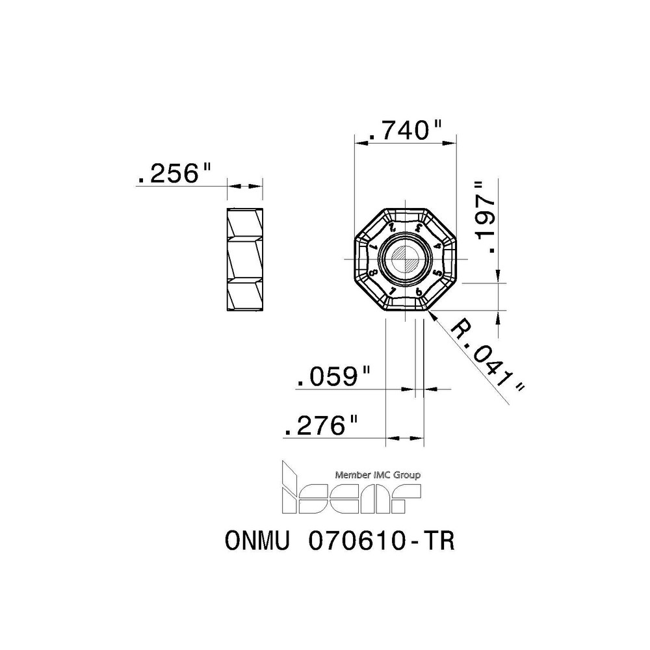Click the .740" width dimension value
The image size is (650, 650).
(x=405, y=131)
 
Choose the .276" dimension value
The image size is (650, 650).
(x=322, y=426)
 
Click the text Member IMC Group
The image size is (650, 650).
(x=376, y=474)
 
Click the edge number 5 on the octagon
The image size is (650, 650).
(x=438, y=273)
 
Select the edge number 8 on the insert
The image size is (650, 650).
(x=372, y=274)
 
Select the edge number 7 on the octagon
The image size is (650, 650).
(x=392, y=292)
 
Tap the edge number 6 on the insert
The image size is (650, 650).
(x=419, y=292)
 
